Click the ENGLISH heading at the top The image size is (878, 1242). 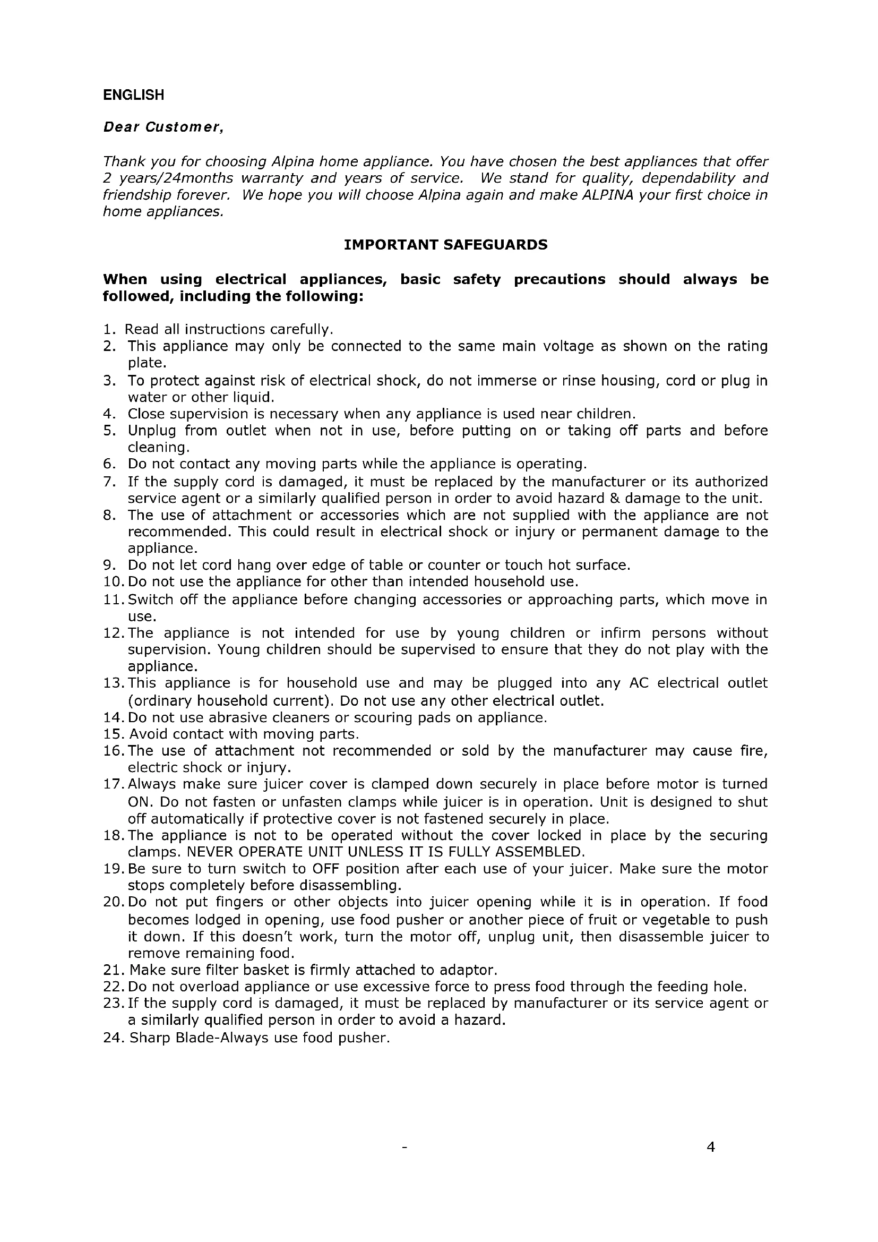[x=134, y=95]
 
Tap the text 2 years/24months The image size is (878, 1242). [x=168, y=178]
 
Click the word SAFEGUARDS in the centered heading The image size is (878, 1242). [x=495, y=245]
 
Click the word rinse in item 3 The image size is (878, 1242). [x=581, y=381]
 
